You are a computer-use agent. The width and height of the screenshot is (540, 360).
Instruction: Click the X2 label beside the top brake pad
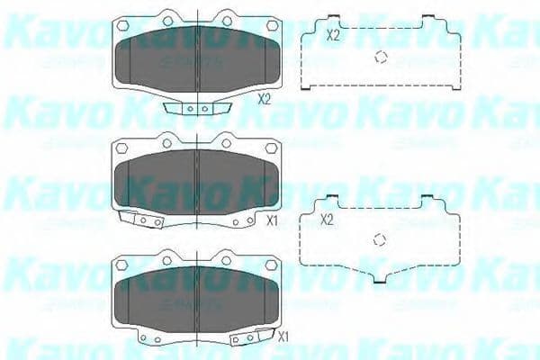click(x=264, y=99)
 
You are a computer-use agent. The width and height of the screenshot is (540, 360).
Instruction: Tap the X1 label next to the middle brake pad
click(x=273, y=219)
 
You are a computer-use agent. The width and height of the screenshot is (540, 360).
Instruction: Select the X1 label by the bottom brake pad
click(x=282, y=337)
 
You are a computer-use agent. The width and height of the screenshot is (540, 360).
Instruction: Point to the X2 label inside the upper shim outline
click(x=332, y=36)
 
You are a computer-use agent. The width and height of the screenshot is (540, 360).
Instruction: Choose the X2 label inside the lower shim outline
click(x=328, y=219)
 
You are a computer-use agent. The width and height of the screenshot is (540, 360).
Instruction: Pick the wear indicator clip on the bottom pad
click(x=248, y=337)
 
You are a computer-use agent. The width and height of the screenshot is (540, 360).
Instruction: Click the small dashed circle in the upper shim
click(x=381, y=57)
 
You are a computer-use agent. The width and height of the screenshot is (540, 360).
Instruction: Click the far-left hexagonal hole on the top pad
click(x=124, y=27)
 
